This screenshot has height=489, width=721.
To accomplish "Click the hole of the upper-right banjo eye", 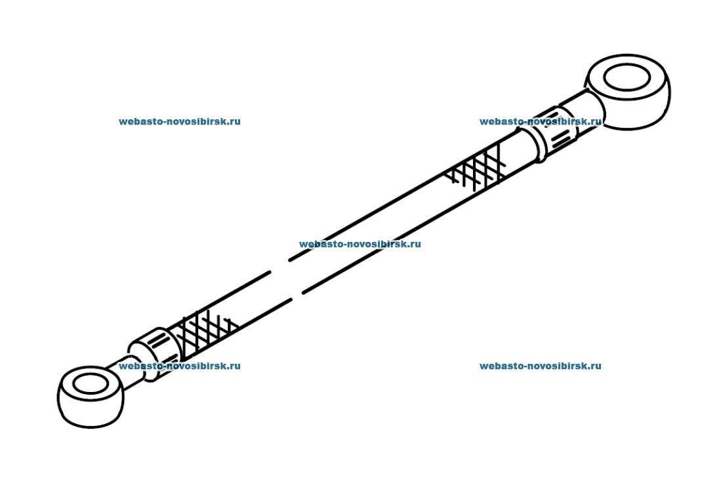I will pyautogui.click(x=627, y=78).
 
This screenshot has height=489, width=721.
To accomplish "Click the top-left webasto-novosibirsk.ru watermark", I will pyautogui.click(x=179, y=121).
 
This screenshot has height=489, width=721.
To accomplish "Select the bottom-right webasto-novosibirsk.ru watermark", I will pyautogui.click(x=540, y=366).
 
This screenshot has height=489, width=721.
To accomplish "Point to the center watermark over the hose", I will pyautogui.click(x=360, y=244).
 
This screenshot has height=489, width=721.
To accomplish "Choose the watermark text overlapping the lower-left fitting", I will pyautogui.click(x=179, y=366).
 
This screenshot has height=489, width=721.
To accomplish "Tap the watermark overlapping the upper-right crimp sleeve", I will pyautogui.click(x=540, y=121).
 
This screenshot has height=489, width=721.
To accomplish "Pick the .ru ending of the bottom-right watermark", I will pyautogui.click(x=594, y=366).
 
